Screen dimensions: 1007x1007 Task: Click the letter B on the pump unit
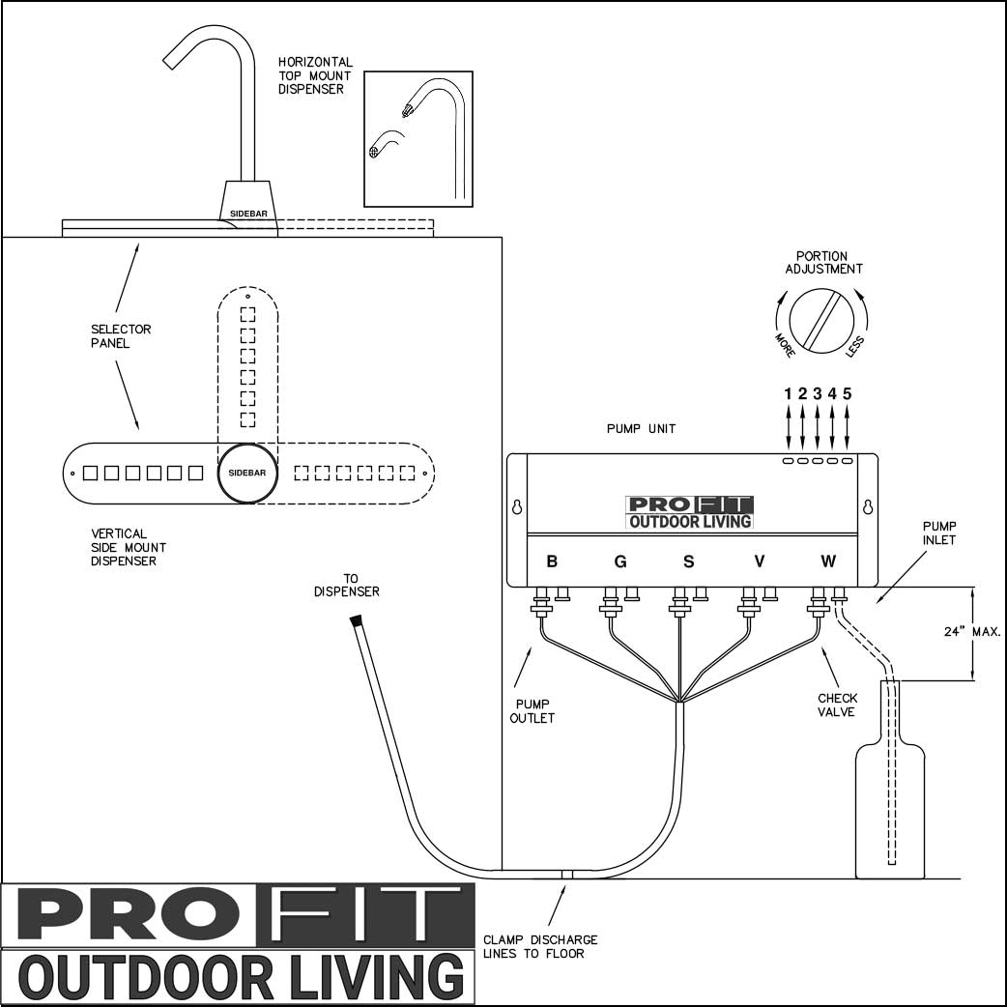click(552, 561)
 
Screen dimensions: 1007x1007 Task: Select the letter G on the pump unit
click(620, 561)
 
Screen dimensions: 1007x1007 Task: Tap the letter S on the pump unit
click(689, 561)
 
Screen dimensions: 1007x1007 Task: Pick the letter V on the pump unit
click(759, 561)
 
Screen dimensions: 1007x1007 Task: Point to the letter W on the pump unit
click(828, 561)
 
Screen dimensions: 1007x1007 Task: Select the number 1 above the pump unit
click(789, 393)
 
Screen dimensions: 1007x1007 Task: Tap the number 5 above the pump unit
click(848, 393)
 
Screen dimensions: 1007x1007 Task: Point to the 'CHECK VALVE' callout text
click(837, 705)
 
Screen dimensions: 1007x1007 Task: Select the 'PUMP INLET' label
click(939, 532)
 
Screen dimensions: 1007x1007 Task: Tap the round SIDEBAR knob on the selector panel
click(247, 474)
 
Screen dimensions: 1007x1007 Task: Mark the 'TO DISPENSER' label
click(346, 585)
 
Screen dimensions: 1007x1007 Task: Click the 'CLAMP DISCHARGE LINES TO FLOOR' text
click(540, 946)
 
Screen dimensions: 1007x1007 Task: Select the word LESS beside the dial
click(855, 346)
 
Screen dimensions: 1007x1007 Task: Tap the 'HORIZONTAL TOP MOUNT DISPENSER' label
click(315, 75)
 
